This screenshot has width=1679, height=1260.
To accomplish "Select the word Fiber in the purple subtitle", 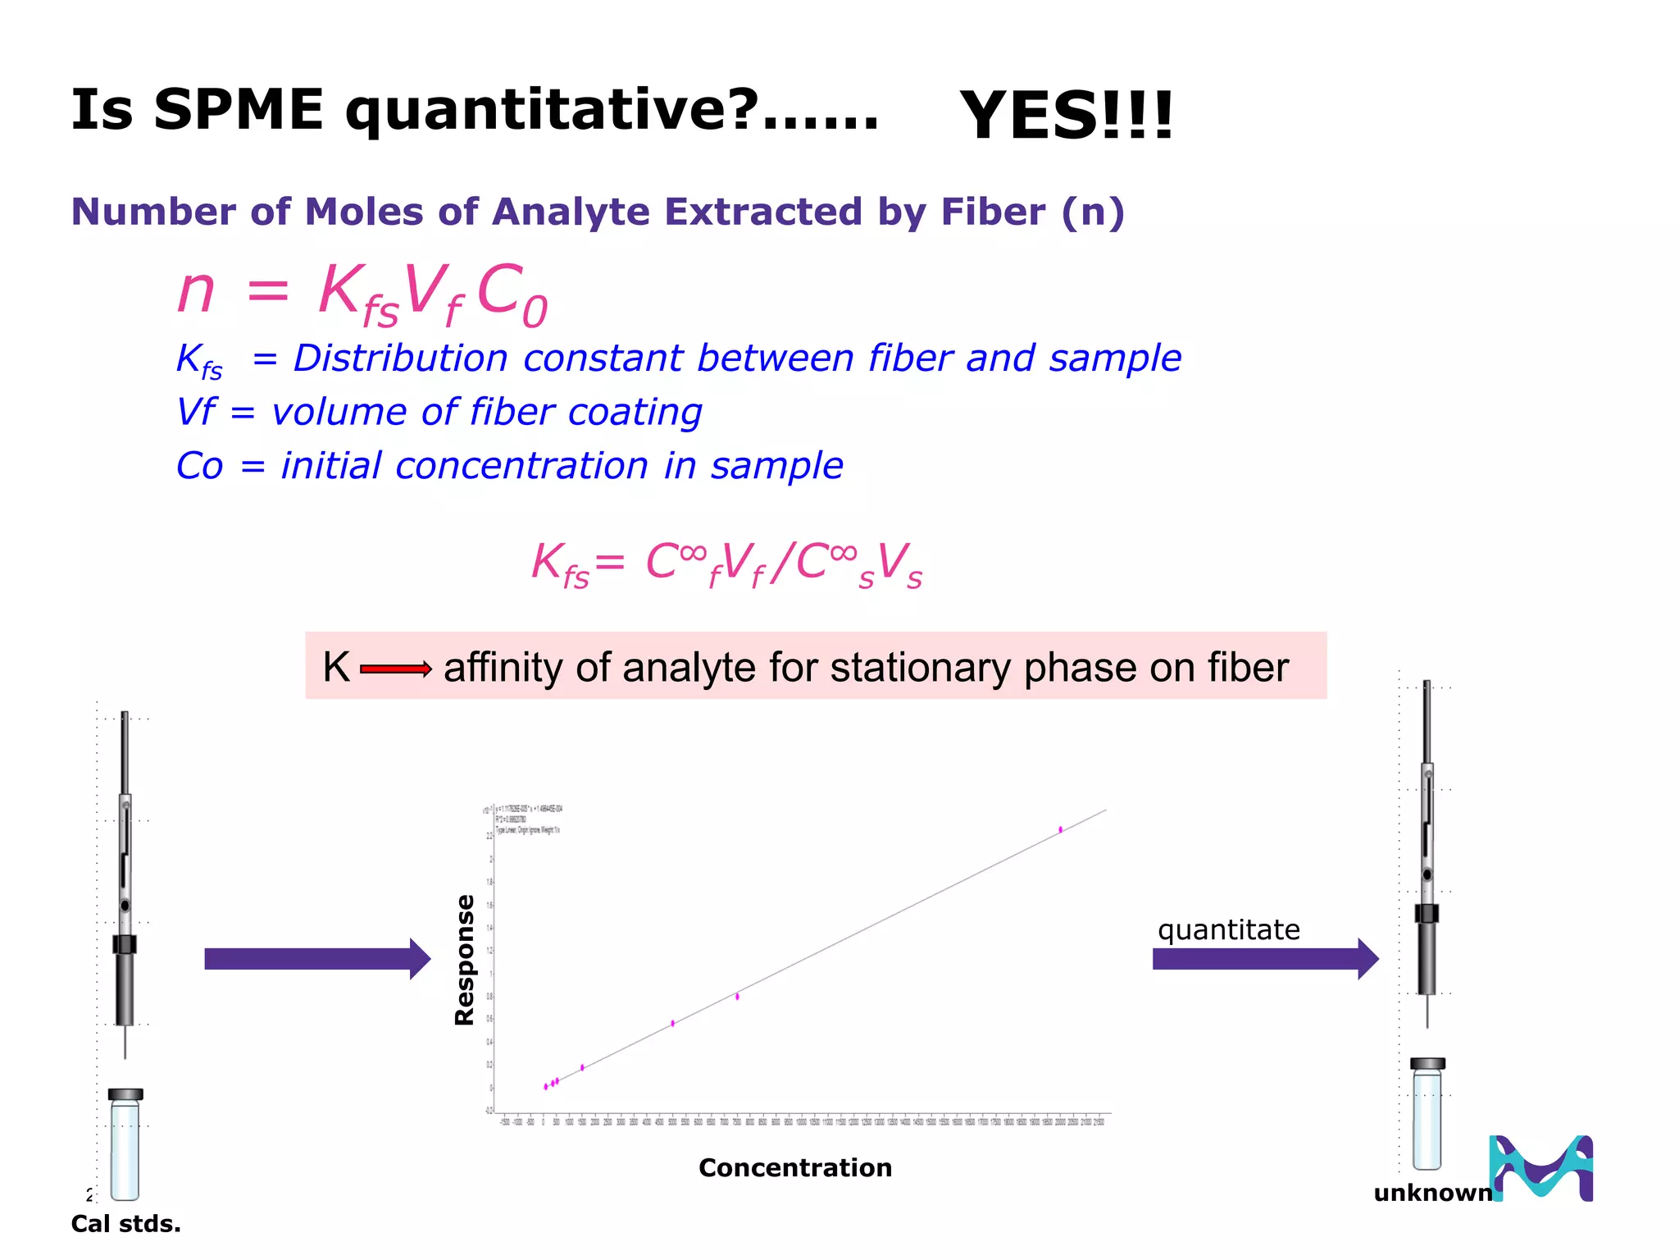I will point(992,212).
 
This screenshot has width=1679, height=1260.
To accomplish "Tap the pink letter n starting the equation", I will point(197,291).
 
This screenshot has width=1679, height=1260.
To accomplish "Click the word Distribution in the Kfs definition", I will point(400,358).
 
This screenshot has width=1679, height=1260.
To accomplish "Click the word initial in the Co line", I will point(330,466).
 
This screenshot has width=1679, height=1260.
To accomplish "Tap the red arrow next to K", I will point(396,669).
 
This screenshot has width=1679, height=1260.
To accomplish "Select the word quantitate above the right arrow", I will point(1228,929).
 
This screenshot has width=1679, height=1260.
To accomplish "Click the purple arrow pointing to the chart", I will point(316,959).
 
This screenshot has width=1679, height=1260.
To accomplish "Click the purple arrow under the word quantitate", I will point(1265,959).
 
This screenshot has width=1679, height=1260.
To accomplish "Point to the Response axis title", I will point(465,960).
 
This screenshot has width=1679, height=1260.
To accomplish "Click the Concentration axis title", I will point(794,1167).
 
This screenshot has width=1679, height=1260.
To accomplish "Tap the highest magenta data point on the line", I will point(1060,829).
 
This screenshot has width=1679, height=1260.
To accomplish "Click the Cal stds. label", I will point(125,1224).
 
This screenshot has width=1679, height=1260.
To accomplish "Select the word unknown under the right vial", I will point(1432,1193).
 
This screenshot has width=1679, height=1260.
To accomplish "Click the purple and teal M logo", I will point(1541,1168).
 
